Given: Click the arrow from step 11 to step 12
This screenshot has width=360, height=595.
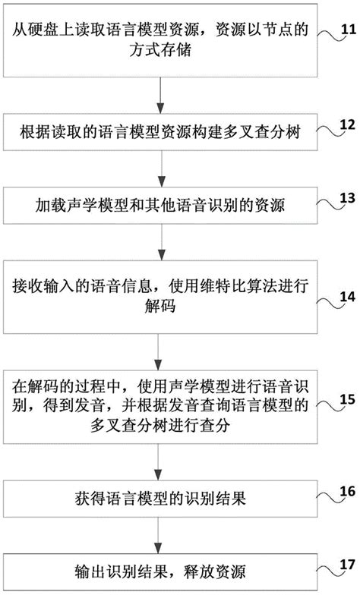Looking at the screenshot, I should coord(159,96).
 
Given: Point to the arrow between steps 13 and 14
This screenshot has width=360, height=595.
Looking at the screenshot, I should coord(159,243).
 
